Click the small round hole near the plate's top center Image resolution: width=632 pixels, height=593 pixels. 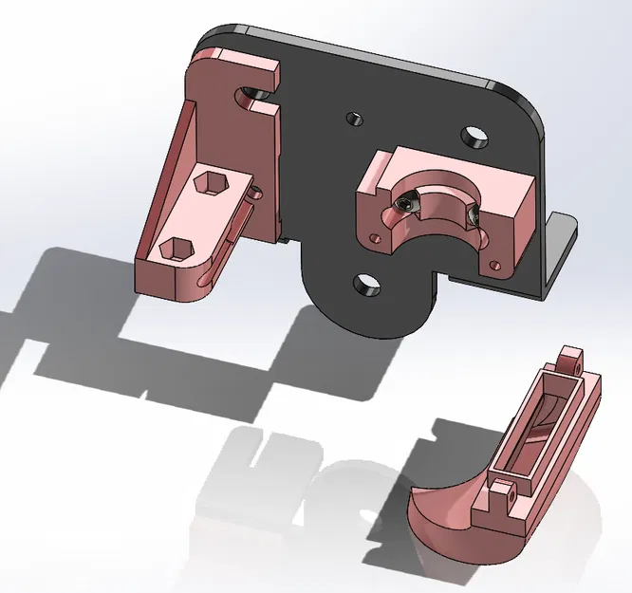click(354, 120)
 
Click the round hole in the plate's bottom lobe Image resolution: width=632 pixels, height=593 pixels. click(363, 283)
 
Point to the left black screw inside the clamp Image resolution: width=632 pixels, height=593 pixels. click(406, 204)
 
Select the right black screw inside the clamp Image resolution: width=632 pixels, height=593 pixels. click(472, 219)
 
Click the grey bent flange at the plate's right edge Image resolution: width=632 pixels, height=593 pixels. click(560, 247)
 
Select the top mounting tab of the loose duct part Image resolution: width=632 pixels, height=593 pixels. click(569, 359)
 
